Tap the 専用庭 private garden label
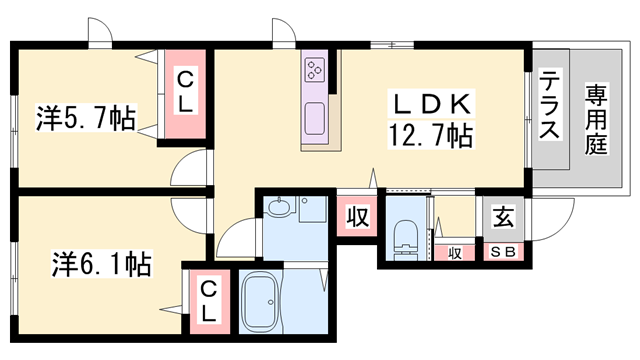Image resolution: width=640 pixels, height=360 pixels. click(597, 118)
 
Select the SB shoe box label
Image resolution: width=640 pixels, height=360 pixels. click(503, 252)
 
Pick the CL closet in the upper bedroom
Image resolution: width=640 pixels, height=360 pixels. click(186, 92)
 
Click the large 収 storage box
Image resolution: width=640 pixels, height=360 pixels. click(356, 215)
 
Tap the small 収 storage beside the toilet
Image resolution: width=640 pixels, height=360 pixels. click(456, 252)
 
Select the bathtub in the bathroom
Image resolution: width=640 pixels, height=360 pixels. click(264, 301)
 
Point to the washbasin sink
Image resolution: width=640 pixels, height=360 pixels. click(280, 209)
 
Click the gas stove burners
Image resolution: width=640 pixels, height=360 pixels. click(317, 69)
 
